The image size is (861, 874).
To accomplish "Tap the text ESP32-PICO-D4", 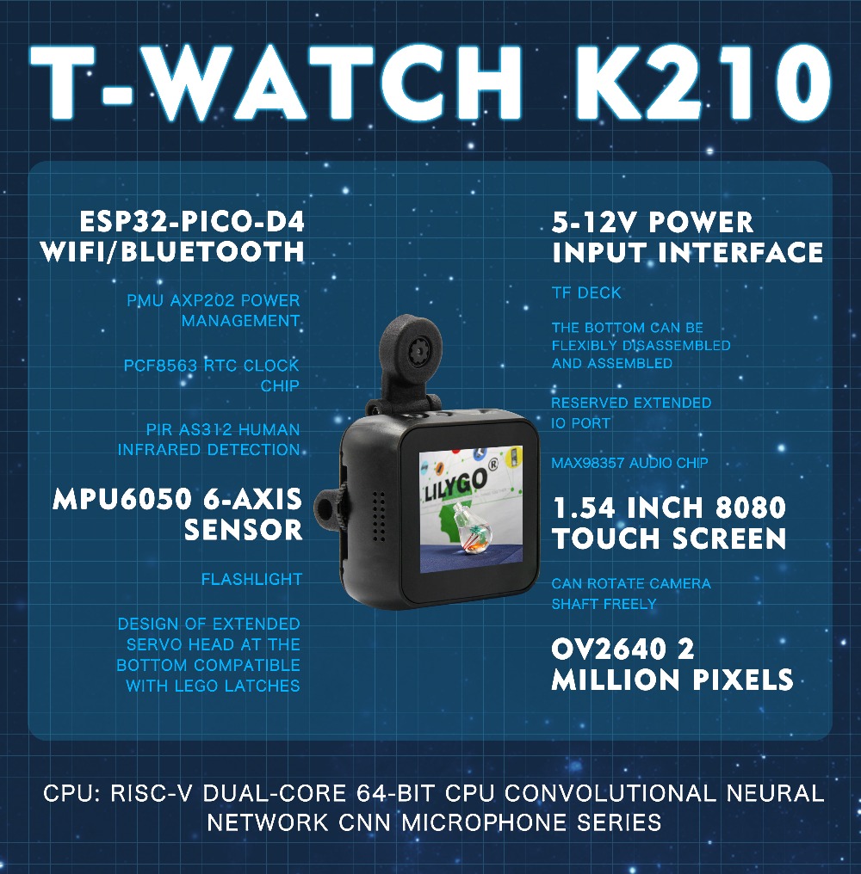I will (x=192, y=223).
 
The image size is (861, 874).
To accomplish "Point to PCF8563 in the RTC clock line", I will (x=161, y=365).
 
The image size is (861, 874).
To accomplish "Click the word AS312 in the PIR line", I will (x=208, y=428).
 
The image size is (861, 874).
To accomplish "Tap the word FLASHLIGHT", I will (x=251, y=579).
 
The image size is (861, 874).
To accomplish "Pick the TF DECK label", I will (x=586, y=293).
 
